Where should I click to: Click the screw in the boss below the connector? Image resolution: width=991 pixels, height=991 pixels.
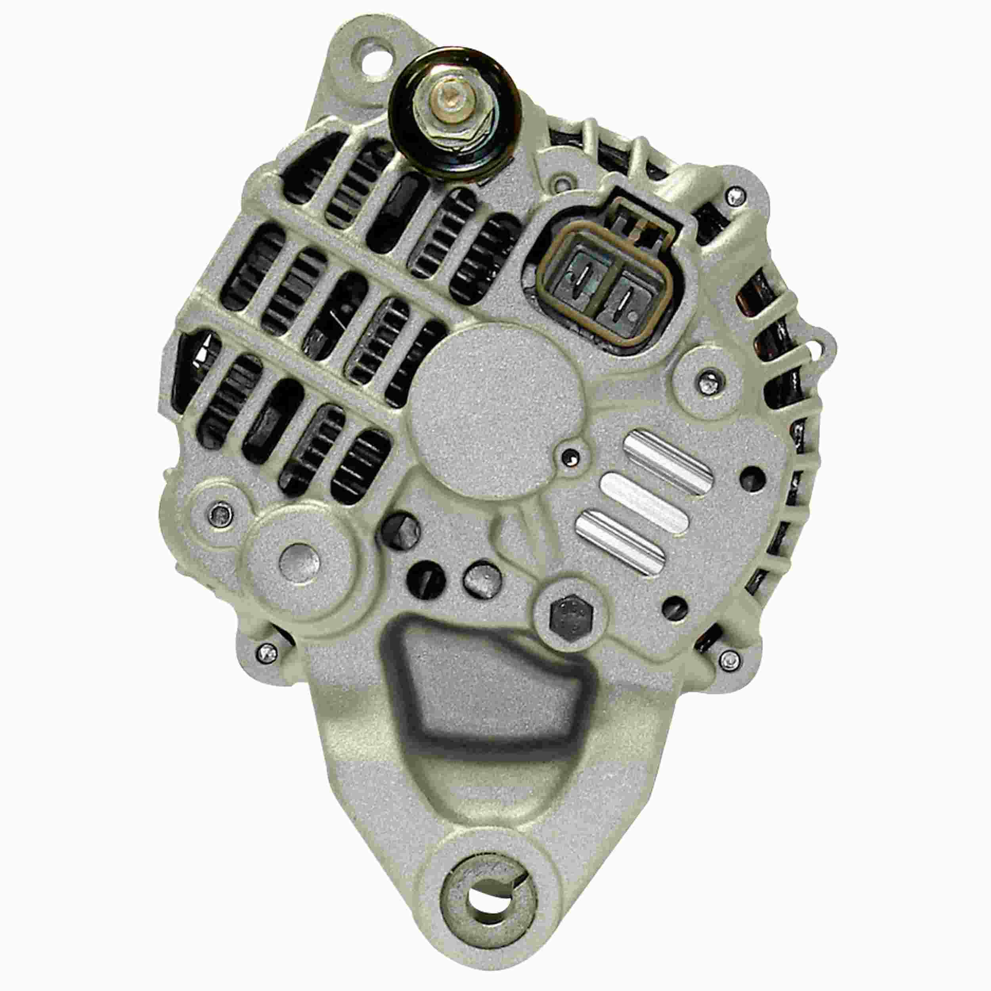[x=710, y=379]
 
